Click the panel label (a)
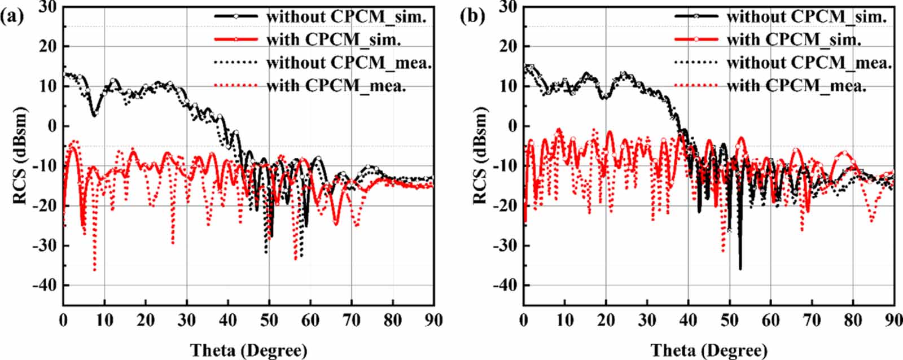pyautogui.click(x=12, y=16)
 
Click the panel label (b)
pyautogui.click(x=472, y=16)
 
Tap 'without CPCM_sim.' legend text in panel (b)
pyautogui.click(x=806, y=16)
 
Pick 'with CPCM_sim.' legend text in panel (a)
pyautogui.click(x=333, y=39)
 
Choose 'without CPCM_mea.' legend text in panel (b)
pyautogui.click(x=809, y=63)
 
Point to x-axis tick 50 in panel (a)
pyautogui.click(x=269, y=321)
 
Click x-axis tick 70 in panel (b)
pyautogui.click(x=812, y=321)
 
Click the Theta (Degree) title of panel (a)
pyautogui.click(x=249, y=350)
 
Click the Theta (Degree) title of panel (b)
pyautogui.click(x=709, y=350)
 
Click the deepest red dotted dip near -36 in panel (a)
pyautogui.click(x=94, y=270)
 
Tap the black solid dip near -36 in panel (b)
pyautogui.click(x=740, y=268)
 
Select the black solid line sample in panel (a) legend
pyautogui.click(x=236, y=16)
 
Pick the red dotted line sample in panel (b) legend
pyautogui.click(x=696, y=86)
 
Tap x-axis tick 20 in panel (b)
pyautogui.click(x=606, y=321)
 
